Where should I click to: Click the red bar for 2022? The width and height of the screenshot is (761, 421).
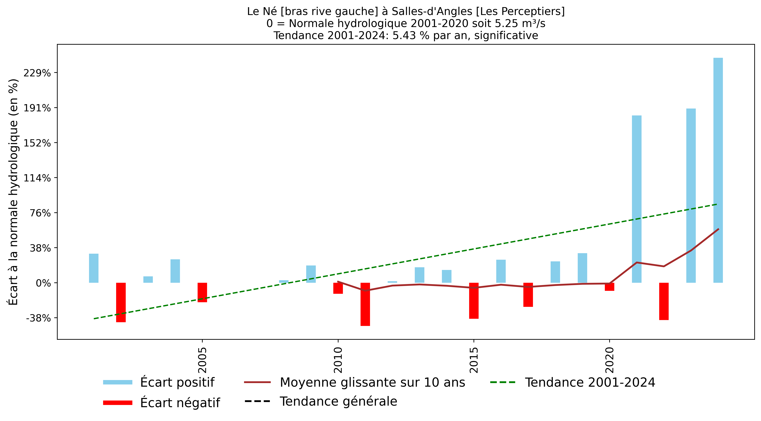664,301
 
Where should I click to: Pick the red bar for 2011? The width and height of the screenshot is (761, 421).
365,304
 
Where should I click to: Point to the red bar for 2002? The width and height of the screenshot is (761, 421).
121,302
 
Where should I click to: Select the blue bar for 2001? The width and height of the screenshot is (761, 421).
94,268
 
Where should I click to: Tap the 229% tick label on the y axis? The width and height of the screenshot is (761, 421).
37,73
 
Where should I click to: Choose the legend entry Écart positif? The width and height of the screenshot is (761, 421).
177,382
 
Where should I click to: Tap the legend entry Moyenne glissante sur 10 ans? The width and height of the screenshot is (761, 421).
372,382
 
